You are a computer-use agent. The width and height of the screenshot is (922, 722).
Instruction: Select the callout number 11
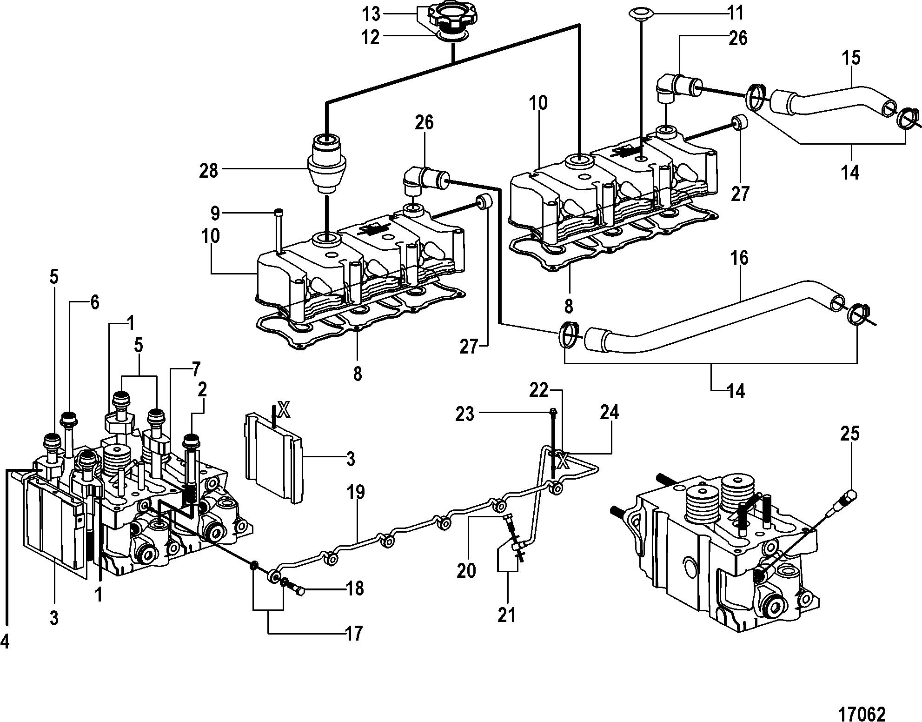pyautogui.click(x=736, y=13)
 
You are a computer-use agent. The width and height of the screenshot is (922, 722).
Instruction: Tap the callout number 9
pyautogui.click(x=214, y=214)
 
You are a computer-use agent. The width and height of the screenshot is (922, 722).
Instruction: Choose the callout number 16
pyautogui.click(x=739, y=257)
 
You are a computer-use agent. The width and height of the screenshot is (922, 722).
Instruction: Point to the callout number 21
pyautogui.click(x=507, y=615)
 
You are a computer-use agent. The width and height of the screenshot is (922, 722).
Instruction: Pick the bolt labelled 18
pyautogui.click(x=296, y=591)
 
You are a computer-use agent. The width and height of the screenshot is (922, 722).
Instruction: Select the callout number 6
pyautogui.click(x=94, y=303)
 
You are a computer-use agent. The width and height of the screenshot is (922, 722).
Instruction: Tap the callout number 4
pyautogui.click(x=6, y=642)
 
